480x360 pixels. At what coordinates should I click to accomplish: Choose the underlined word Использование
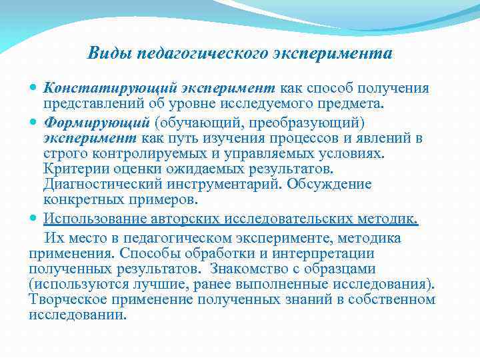pyautogui.click(x=95, y=219)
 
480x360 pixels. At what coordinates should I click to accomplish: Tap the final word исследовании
pyautogui.click(x=77, y=315)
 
